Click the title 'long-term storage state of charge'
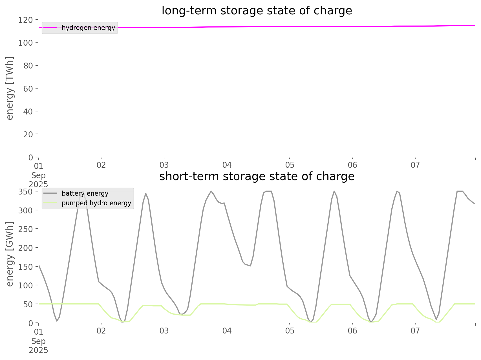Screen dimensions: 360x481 point(257,11)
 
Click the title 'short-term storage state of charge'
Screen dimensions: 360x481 point(257,176)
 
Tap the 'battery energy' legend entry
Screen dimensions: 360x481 point(85,193)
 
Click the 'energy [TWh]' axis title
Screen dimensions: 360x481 point(10,88)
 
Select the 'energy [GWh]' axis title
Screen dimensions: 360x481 point(10,254)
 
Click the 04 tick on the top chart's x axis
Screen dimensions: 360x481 point(227,165)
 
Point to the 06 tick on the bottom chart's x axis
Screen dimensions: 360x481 point(352,331)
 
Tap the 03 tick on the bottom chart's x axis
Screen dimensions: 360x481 point(164,331)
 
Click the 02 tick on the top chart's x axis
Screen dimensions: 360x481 point(101,165)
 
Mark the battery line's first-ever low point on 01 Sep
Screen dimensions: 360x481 point(57,321)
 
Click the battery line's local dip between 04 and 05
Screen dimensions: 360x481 point(250,266)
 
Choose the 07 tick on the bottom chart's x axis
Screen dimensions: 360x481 point(415,331)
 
